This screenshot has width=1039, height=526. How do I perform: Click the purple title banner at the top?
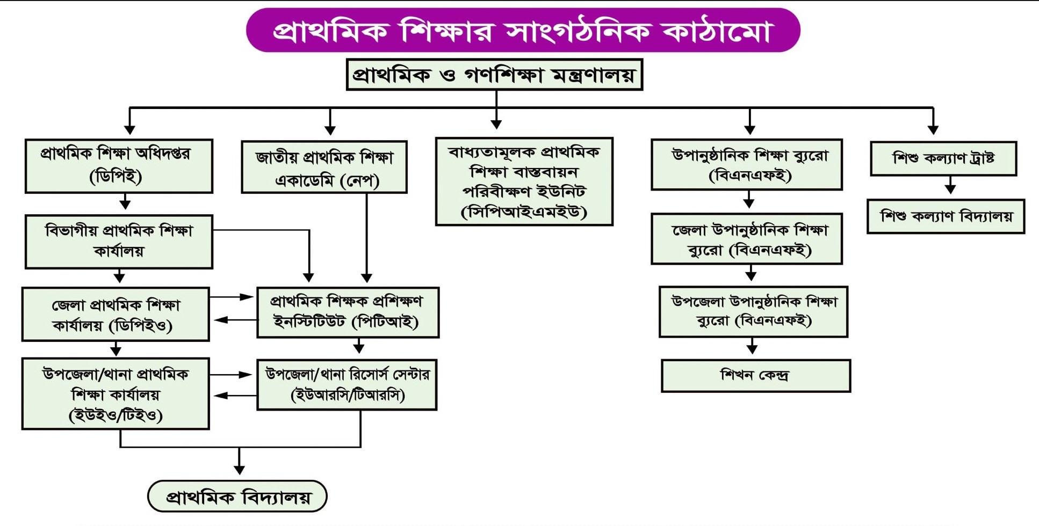[523, 30]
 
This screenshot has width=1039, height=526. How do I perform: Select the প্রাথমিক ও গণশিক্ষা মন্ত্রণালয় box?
[494, 75]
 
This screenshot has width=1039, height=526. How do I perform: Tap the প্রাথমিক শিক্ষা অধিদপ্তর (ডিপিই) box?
[119, 166]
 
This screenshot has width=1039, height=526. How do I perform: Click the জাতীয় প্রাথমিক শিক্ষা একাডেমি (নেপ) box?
[324, 167]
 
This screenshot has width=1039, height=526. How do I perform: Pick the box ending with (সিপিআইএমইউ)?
[524, 181]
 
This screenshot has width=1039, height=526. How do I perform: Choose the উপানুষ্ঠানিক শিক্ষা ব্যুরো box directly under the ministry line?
[746, 164]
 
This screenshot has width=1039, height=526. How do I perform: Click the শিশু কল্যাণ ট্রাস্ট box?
[943, 158]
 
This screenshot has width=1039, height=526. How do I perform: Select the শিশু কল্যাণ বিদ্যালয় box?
[946, 216]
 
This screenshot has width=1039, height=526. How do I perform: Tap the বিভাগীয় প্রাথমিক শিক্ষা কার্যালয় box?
[119, 242]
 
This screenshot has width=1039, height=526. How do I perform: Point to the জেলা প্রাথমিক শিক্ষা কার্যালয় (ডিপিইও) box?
[116, 314]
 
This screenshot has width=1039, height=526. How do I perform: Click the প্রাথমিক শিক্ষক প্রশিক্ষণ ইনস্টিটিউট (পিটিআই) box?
[348, 312]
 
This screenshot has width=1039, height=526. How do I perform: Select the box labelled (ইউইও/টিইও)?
[116, 394]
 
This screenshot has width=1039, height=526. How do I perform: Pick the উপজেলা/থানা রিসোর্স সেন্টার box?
[347, 385]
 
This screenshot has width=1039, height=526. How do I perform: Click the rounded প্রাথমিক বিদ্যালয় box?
[237, 496]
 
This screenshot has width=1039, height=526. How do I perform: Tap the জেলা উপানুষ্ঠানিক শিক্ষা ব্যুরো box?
[746, 239]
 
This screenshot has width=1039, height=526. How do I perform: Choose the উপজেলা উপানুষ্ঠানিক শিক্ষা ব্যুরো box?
[753, 312]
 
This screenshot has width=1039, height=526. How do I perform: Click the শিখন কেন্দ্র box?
[755, 376]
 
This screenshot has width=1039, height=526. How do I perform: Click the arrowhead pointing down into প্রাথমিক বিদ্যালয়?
[240, 470]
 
